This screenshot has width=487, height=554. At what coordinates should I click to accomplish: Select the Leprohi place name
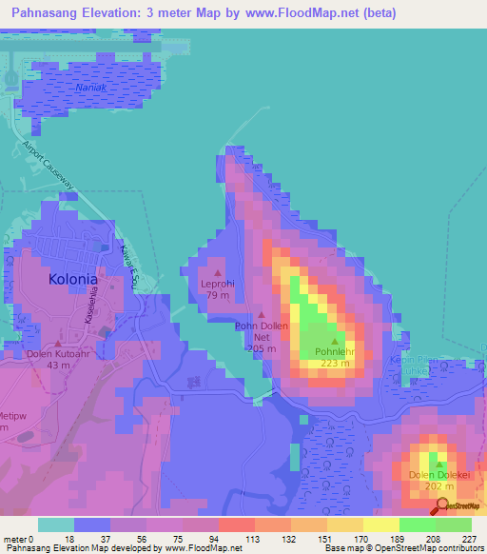217,284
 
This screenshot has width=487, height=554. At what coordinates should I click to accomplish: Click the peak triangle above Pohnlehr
334,341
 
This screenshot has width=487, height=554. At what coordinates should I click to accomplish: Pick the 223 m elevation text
334,363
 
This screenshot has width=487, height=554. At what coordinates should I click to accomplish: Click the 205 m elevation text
261,349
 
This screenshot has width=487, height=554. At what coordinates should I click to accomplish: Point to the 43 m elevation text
59,366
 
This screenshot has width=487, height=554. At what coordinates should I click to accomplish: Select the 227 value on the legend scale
470,539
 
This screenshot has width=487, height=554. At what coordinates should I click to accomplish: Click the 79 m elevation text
217,295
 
